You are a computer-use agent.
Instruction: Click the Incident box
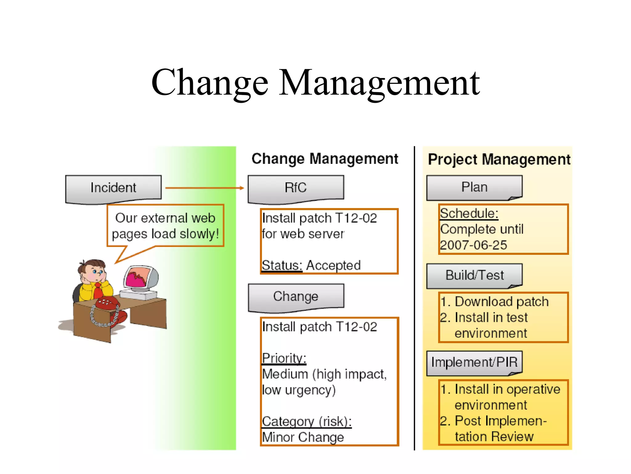[x=113, y=188]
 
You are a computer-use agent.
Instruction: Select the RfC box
[x=296, y=188]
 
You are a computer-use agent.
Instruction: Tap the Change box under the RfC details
[x=296, y=297]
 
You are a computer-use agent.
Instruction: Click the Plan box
[x=474, y=188]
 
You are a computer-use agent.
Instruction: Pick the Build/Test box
[x=474, y=275]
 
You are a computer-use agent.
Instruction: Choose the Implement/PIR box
[x=474, y=362]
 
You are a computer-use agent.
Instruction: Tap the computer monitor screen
[x=139, y=277]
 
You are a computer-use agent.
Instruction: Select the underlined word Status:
[x=282, y=266]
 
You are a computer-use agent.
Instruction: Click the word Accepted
[x=333, y=266]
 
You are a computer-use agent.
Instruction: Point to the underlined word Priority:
[x=284, y=359]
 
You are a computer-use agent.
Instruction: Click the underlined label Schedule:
[x=469, y=214]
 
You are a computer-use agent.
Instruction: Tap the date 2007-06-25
[x=473, y=245]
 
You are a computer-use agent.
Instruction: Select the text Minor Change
[x=303, y=437]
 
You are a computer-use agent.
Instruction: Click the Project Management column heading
[x=499, y=160]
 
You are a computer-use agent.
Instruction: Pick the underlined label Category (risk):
[x=307, y=422]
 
